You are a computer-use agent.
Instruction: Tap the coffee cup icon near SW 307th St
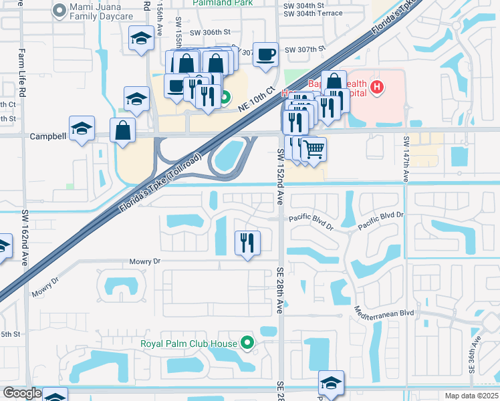tap(266, 53)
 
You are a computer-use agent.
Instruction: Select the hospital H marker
tap(378, 87)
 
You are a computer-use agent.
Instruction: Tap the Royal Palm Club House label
tap(189, 344)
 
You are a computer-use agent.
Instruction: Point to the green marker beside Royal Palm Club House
tap(248, 344)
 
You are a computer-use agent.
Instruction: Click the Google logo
tap(22, 393)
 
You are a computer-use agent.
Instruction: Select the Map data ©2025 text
tap(471, 396)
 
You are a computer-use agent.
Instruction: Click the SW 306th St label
tap(209, 32)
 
